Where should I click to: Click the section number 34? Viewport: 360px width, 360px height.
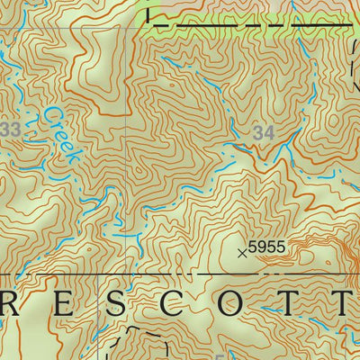tap(265, 132)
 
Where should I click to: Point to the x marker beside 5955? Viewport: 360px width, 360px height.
tap(241, 253)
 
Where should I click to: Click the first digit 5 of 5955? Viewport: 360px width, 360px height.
tap(252, 246)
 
